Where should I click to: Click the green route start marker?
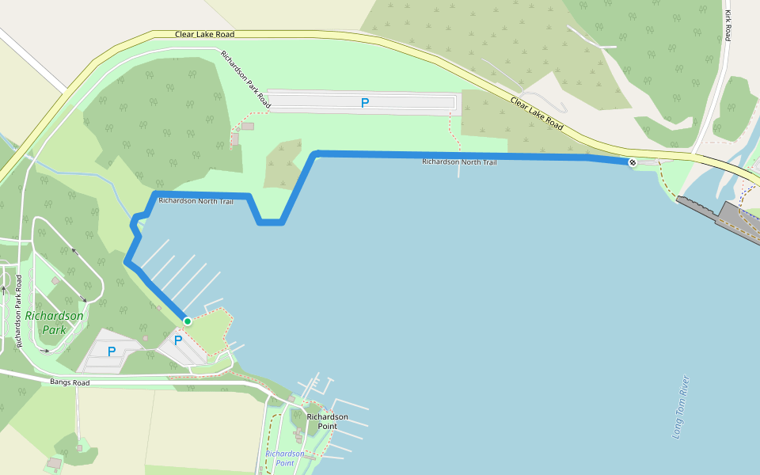(188, 321)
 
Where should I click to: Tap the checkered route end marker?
(632, 163)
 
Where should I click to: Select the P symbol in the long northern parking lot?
(365, 103)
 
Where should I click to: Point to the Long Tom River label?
(681, 407)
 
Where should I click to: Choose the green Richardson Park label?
(54, 322)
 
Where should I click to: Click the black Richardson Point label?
(327, 421)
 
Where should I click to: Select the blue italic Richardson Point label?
(284, 458)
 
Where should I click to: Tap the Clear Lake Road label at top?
(204, 34)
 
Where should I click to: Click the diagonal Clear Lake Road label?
(537, 114)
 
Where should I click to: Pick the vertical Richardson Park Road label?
(18, 312)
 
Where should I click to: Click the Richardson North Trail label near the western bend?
(196, 201)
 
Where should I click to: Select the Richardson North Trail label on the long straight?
(459, 161)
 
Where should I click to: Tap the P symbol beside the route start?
(178, 340)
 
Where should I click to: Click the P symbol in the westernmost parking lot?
(112, 351)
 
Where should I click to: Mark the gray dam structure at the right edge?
(716, 212)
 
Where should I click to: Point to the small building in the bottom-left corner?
(55, 462)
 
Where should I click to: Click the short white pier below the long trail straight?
(459, 169)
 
